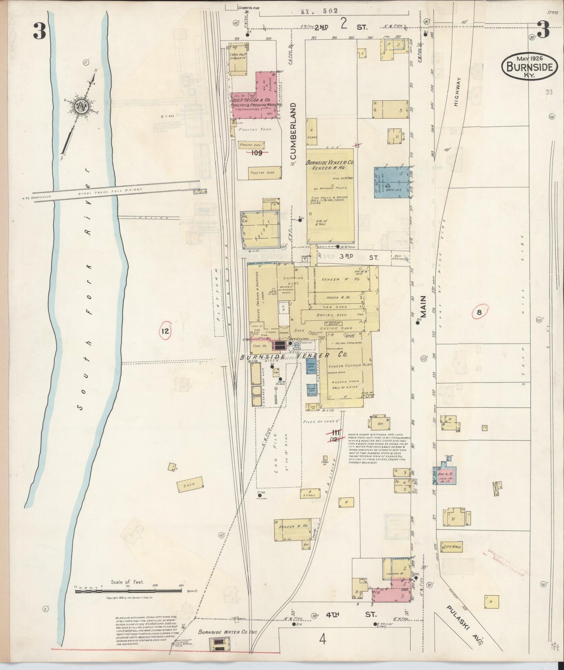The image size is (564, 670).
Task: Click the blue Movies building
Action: tap(391, 183)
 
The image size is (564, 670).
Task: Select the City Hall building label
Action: tap(451, 547)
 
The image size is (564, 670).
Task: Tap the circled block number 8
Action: tap(479, 312)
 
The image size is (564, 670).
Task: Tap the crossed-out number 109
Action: tap(256, 153)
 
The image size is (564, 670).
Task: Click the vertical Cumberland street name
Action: tap(293, 131)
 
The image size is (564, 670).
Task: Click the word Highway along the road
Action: tap(457, 92)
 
